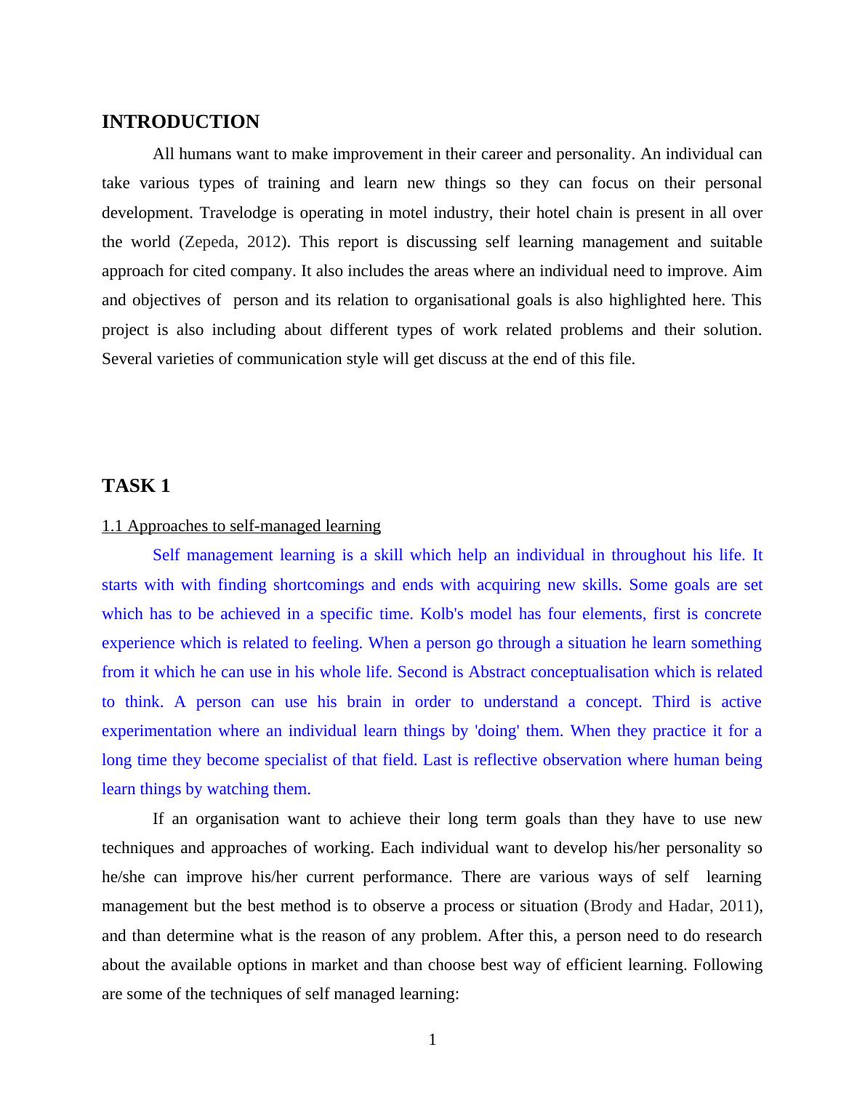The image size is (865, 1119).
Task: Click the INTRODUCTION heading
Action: click(x=180, y=122)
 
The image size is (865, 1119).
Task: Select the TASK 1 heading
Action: click(x=136, y=486)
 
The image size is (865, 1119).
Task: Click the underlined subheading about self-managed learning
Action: click(x=241, y=526)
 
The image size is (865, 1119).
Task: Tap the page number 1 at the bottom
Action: click(x=432, y=1040)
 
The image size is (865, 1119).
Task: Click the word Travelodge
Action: click(x=238, y=213)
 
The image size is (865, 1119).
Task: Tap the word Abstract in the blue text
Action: click(x=496, y=672)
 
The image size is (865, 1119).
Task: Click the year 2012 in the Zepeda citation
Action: click(x=264, y=242)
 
